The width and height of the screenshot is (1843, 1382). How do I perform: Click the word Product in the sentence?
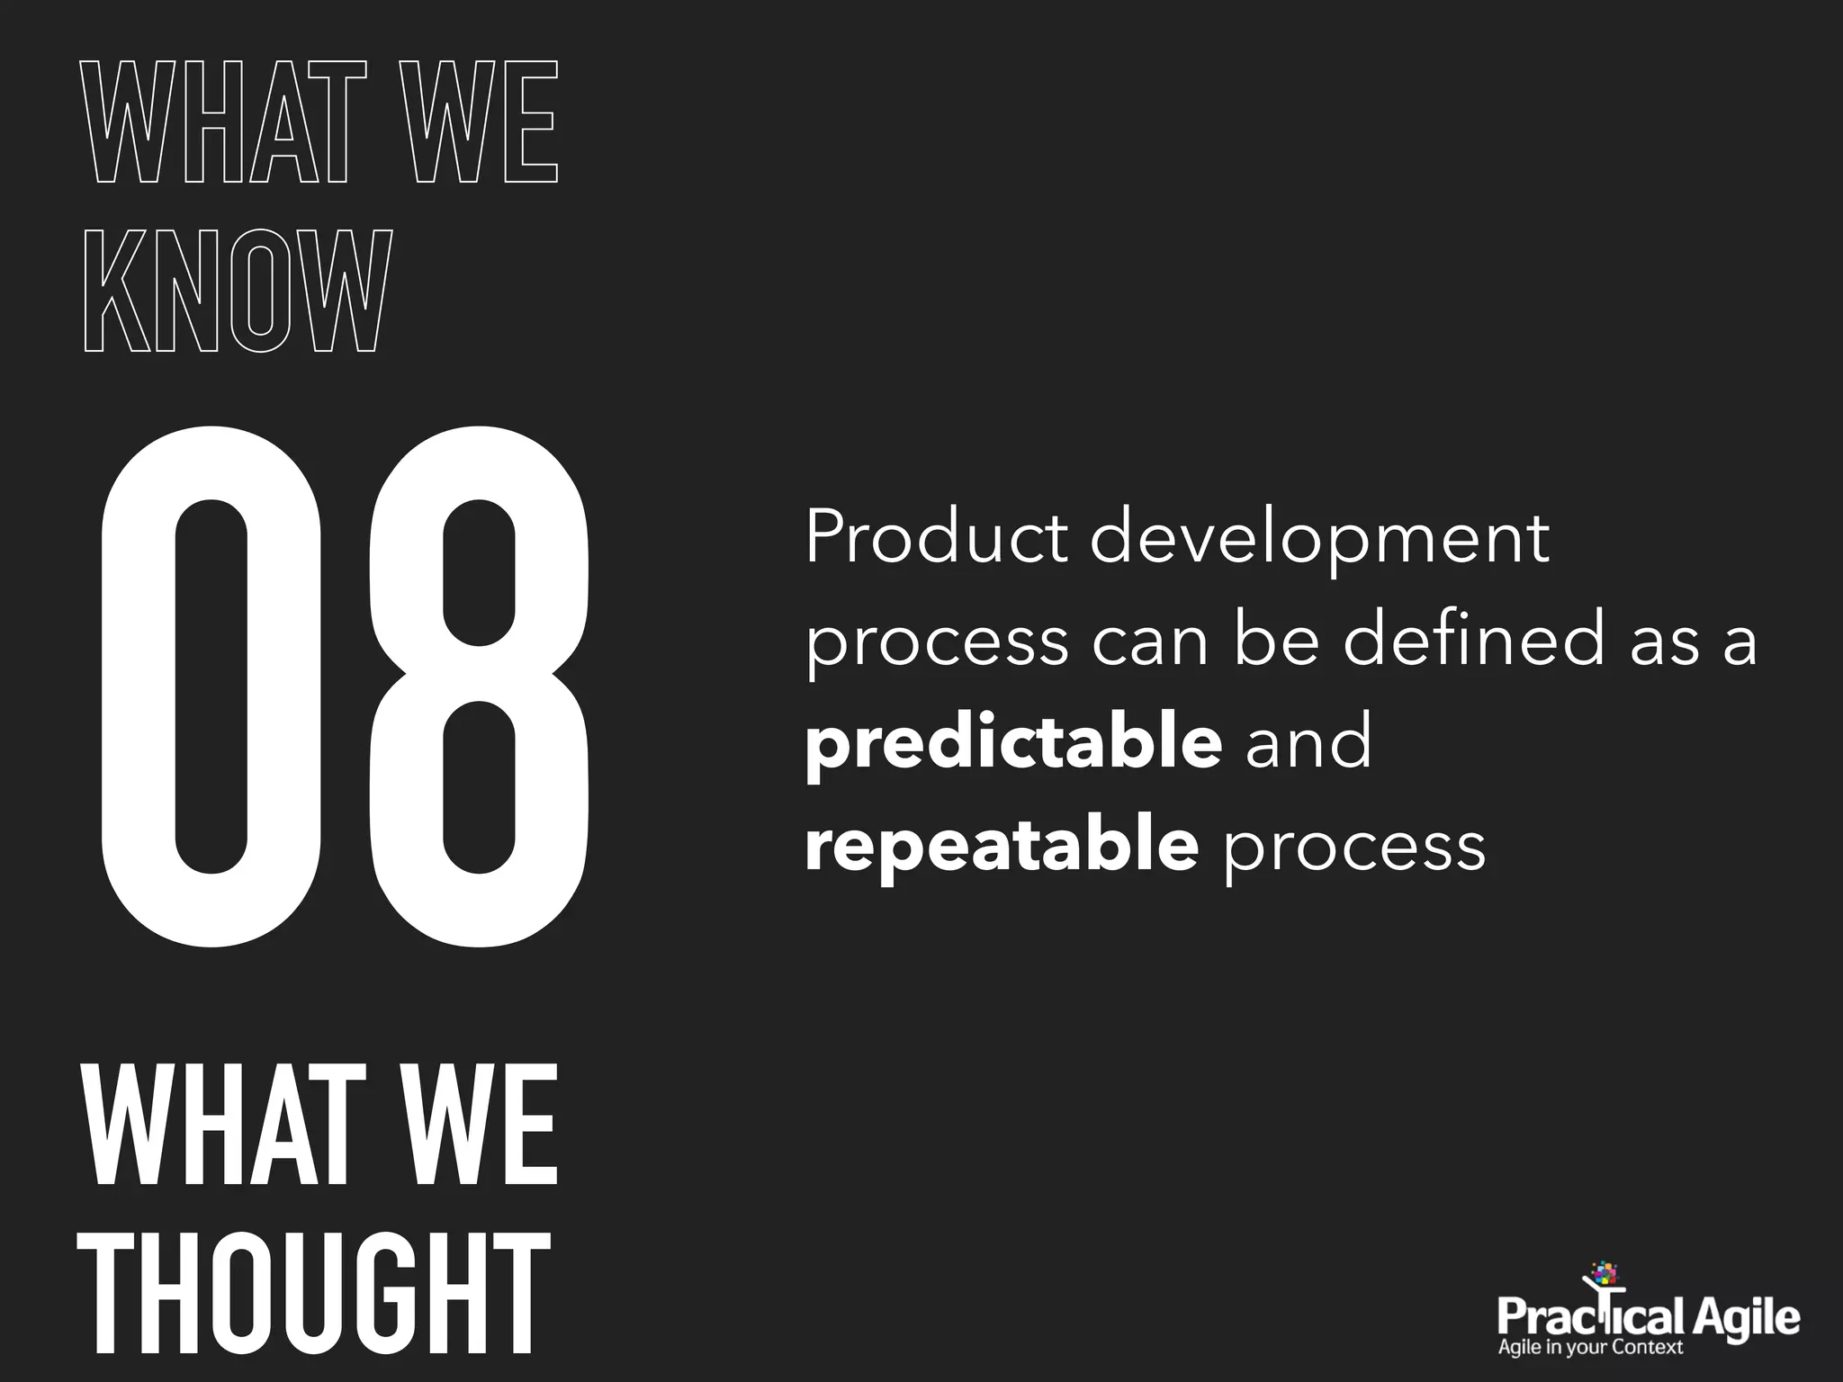pos(936,538)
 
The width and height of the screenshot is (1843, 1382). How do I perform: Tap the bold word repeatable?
pos(1002,846)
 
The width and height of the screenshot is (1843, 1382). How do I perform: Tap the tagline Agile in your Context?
pos(1590,1347)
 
